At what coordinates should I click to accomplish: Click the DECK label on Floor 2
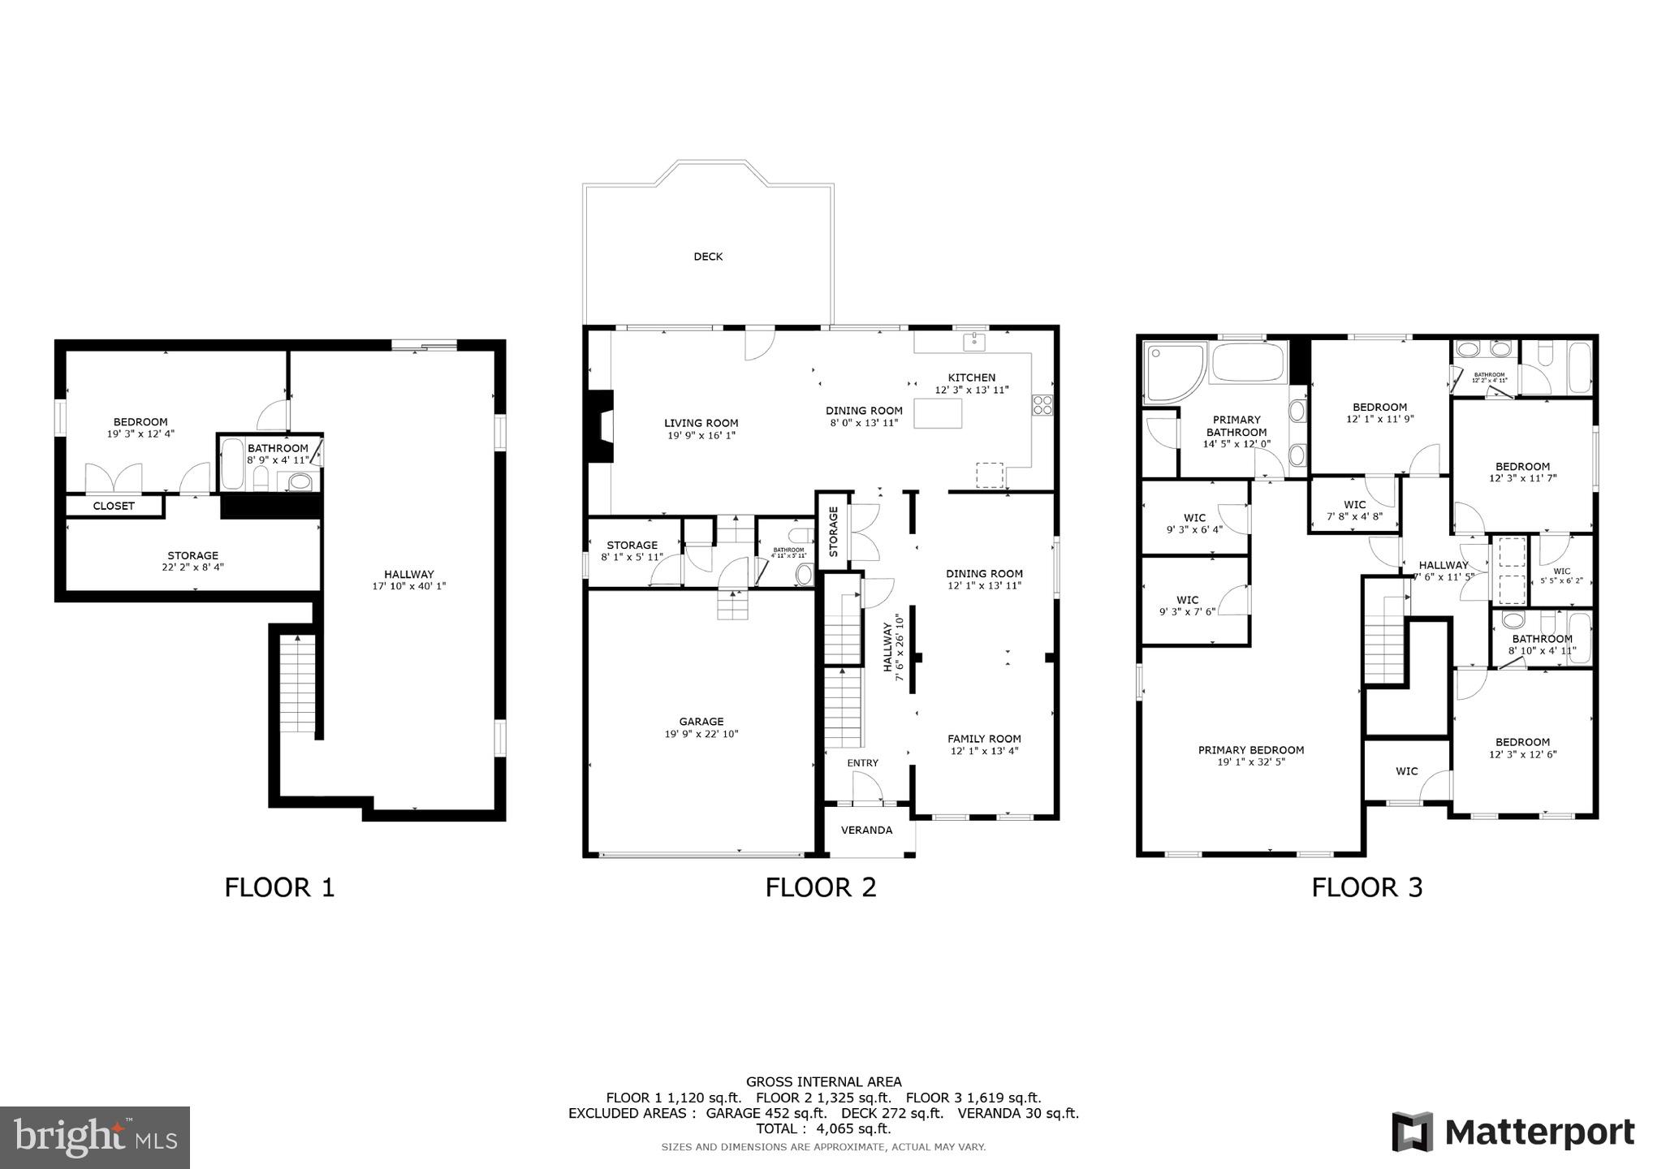click(x=708, y=257)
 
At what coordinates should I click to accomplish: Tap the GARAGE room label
click(x=701, y=722)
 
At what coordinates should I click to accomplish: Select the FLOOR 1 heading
click(x=279, y=887)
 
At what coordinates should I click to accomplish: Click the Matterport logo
click(x=1513, y=1132)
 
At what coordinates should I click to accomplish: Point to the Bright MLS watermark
click(x=95, y=1137)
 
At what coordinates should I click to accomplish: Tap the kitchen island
click(x=938, y=413)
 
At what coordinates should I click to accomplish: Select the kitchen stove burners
click(x=1042, y=404)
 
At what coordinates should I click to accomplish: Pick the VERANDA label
click(x=866, y=830)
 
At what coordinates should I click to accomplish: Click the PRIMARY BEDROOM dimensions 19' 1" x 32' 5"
click(x=1250, y=762)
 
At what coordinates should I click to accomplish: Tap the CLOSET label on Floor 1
click(x=114, y=506)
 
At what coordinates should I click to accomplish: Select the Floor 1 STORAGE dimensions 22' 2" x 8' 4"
click(x=192, y=567)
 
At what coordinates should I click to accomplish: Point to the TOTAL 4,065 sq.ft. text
click(x=823, y=1128)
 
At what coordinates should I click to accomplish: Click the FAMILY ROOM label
click(x=984, y=739)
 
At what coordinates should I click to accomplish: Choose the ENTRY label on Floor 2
click(x=862, y=763)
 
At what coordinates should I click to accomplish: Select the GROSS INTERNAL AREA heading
click(x=823, y=1081)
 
